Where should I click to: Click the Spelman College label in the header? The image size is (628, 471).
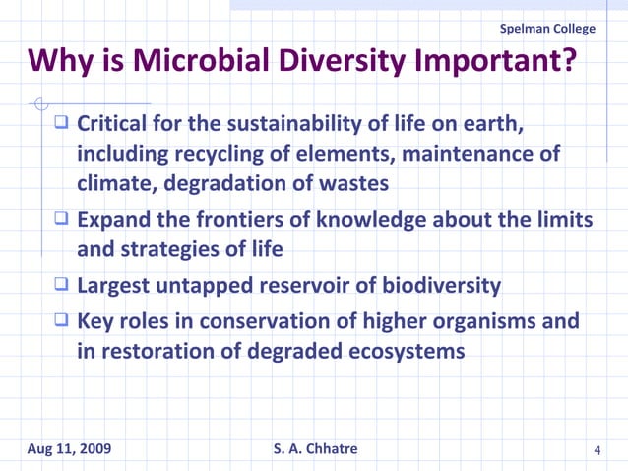click(548, 28)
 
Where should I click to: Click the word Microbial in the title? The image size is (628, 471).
click(200, 61)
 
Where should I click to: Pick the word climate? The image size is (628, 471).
click(116, 183)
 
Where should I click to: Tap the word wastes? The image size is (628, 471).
click(351, 183)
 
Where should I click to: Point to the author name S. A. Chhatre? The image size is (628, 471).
click(315, 449)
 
